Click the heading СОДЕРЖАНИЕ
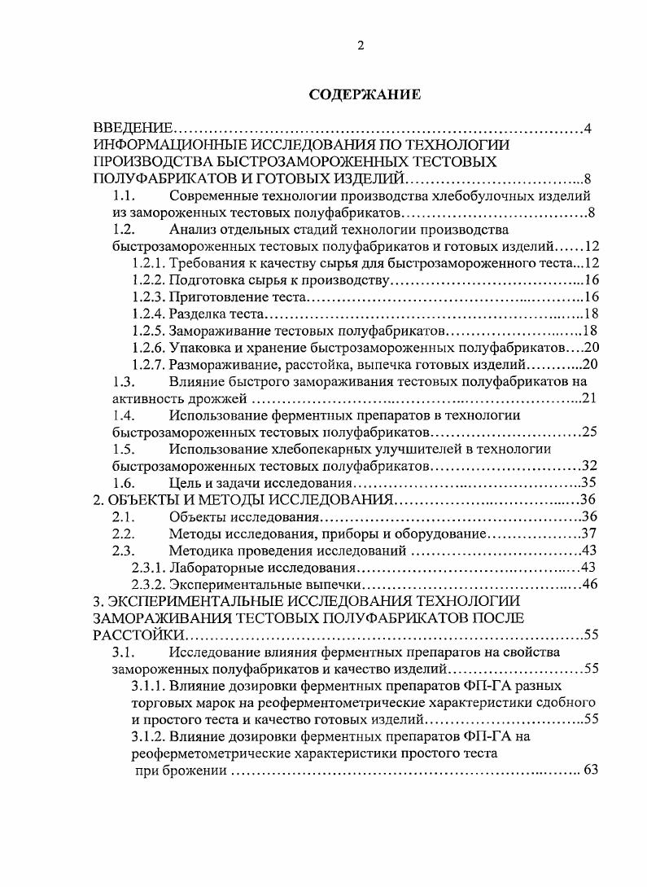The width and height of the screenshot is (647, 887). [x=365, y=95]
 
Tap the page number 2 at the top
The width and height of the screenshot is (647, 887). [x=361, y=46]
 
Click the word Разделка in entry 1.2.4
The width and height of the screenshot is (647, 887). [x=195, y=314]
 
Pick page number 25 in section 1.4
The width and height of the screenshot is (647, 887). [x=591, y=432]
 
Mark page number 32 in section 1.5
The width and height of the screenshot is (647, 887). [x=591, y=466]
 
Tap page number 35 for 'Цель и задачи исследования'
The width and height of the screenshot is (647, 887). [x=591, y=483]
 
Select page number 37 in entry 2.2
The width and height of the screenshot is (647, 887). [x=591, y=534]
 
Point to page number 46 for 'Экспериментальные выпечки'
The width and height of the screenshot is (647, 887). [x=591, y=584]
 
